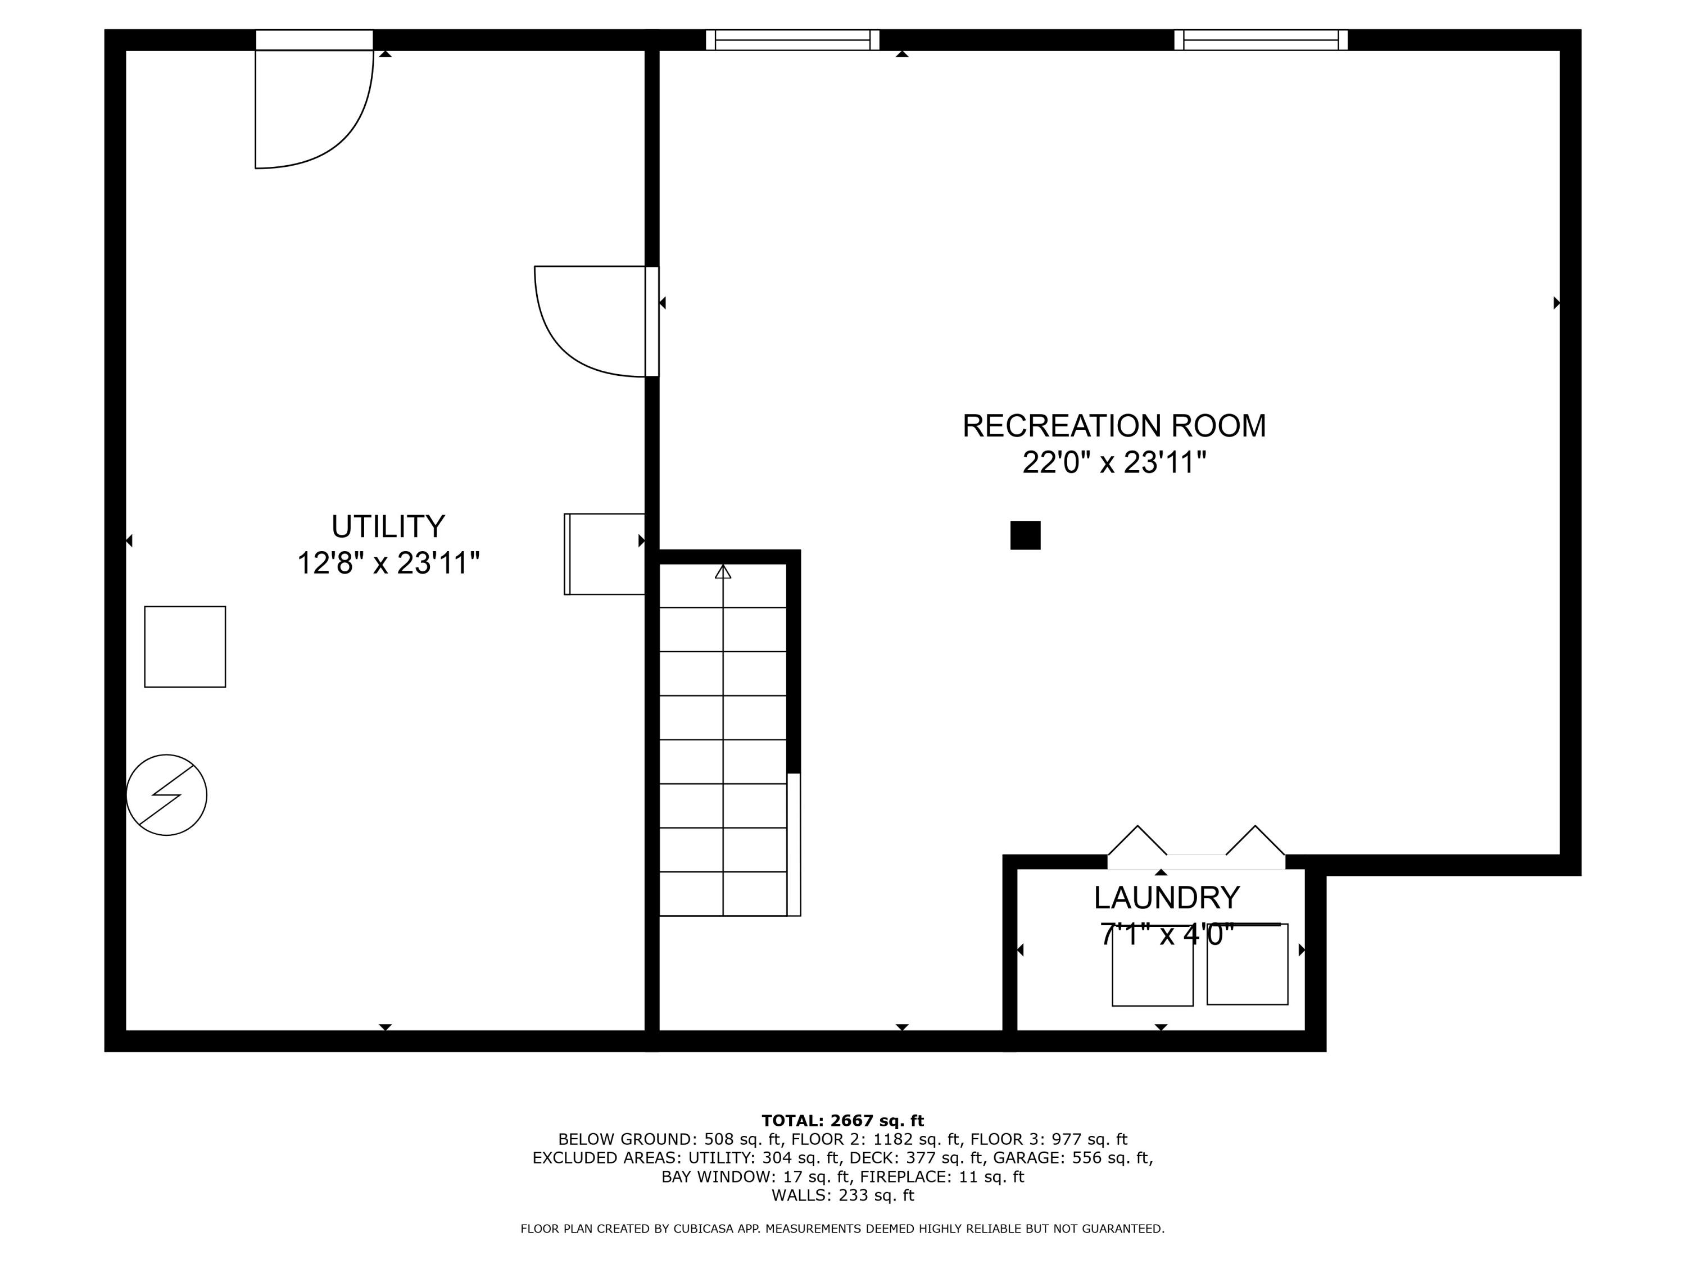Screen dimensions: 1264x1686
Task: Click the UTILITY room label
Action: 387,526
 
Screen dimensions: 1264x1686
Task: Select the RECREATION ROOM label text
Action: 1113,426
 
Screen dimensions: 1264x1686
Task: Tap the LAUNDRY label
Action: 1166,898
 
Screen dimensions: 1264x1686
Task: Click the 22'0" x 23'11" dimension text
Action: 1113,462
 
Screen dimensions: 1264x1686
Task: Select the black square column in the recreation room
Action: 1025,535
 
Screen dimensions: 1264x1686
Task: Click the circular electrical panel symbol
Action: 166,795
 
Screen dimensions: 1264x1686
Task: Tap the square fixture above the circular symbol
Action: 185,647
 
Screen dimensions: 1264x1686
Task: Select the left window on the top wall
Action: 792,40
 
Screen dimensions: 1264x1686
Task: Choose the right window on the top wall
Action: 1261,40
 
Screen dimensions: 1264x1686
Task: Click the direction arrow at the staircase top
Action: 723,571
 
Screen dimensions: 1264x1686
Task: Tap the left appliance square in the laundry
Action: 1153,966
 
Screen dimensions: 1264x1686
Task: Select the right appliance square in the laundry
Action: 1247,965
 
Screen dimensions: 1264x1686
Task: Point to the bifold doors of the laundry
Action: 1196,847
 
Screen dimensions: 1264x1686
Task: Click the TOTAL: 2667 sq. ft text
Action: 842,1121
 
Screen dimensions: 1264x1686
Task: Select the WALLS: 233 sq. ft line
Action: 842,1195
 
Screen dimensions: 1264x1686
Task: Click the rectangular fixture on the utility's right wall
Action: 604,554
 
